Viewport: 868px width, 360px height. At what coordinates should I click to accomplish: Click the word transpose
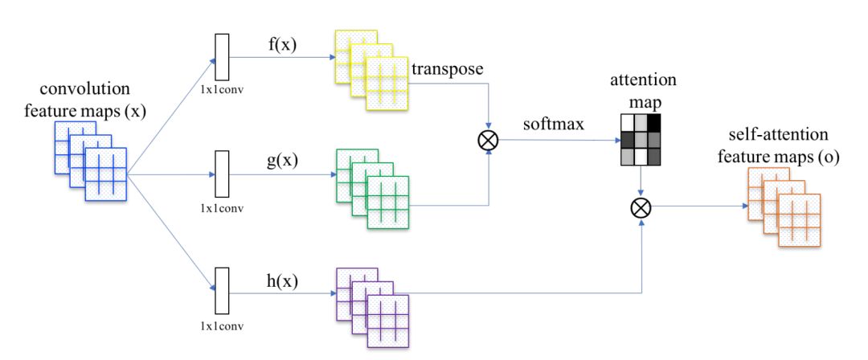click(x=447, y=69)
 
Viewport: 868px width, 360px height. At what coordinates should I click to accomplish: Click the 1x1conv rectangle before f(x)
click(x=222, y=59)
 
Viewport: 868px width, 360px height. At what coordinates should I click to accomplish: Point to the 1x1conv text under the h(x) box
click(x=222, y=326)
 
